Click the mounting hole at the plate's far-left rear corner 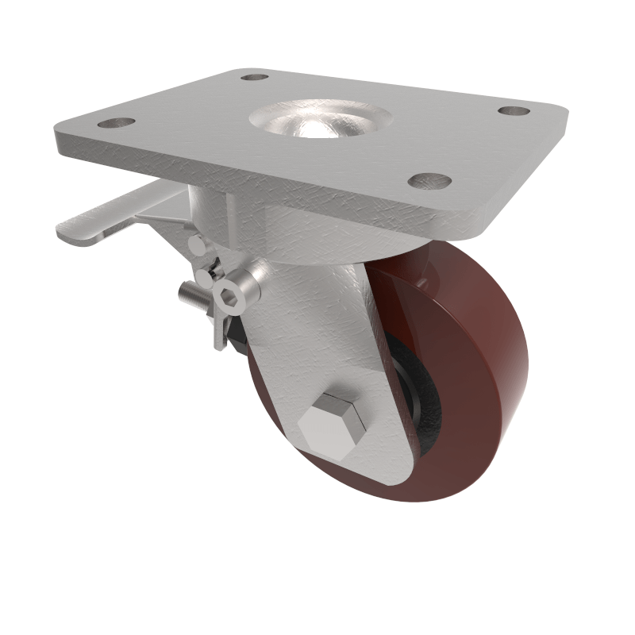coord(254,78)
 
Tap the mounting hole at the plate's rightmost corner coord(514,111)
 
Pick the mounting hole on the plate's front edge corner coord(429,182)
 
